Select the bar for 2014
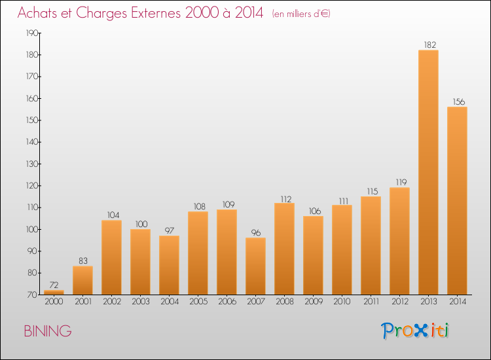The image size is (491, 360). click(457, 200)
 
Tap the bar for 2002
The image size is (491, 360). click(111, 257)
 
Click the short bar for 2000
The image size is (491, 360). click(54, 292)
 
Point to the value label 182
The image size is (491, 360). click(428, 45)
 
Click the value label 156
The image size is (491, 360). click(457, 101)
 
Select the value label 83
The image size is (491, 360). click(82, 261)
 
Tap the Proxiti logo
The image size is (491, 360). click(415, 331)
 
